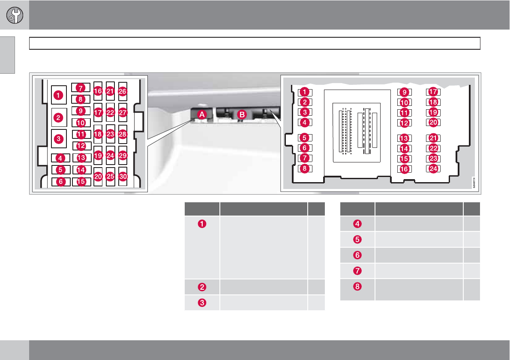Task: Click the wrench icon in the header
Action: click(x=15, y=15)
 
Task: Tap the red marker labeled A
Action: click(x=201, y=114)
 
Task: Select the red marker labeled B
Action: click(x=242, y=114)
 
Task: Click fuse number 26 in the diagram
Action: click(x=123, y=91)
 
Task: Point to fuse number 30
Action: click(x=123, y=176)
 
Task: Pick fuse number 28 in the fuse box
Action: click(x=123, y=135)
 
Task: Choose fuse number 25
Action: click(x=111, y=176)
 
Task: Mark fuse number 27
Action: click(x=123, y=113)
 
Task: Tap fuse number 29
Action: click(x=123, y=156)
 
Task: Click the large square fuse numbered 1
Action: click(x=59, y=94)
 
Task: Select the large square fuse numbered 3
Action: click(x=59, y=138)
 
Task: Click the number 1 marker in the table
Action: click(x=202, y=223)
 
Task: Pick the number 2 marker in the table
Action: click(x=202, y=287)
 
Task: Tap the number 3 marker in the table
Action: click(x=202, y=302)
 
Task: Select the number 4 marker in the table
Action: click(x=357, y=223)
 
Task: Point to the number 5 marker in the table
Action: click(x=357, y=239)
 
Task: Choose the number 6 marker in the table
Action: click(x=357, y=255)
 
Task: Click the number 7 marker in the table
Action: click(x=357, y=271)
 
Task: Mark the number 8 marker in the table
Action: click(x=357, y=287)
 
